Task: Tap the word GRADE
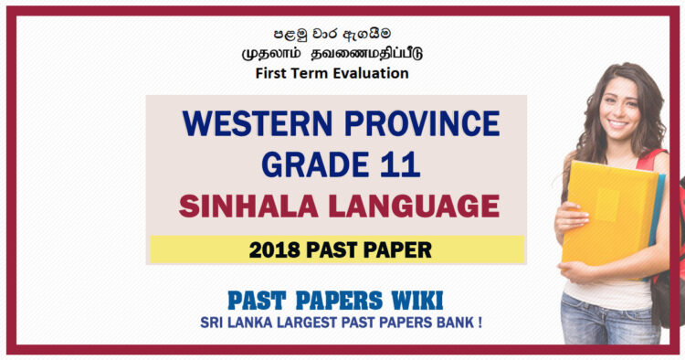click(x=307, y=164)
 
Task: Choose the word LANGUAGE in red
click(x=416, y=206)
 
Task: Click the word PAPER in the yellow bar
click(x=395, y=249)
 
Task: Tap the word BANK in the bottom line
click(x=463, y=321)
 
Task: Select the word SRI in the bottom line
click(x=209, y=321)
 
